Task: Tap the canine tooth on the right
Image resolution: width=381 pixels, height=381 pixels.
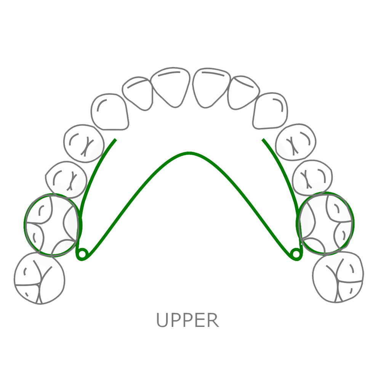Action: pyautogui.click(x=271, y=111)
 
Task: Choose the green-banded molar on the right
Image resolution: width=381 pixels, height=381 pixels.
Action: pyautogui.click(x=327, y=224)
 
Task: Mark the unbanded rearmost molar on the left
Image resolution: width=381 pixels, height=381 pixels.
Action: pyautogui.click(x=39, y=279)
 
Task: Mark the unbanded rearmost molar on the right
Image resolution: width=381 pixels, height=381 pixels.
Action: pyautogui.click(x=338, y=277)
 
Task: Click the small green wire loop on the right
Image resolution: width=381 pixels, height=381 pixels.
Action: pyautogui.click(x=296, y=254)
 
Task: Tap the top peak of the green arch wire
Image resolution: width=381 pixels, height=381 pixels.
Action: pyautogui.click(x=189, y=153)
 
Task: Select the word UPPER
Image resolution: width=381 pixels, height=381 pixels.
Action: pyautogui.click(x=188, y=320)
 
